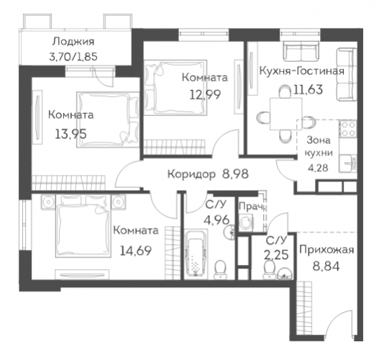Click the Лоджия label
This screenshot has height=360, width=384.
(73, 42)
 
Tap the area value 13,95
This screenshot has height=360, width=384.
(70, 134)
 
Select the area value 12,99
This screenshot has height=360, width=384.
(205, 94)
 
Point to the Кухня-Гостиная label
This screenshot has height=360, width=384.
(302, 71)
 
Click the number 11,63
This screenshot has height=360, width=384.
(308, 89)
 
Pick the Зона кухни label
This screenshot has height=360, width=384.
(319, 146)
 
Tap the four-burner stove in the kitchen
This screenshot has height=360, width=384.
(348, 129)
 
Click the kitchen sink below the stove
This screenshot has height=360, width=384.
(348, 163)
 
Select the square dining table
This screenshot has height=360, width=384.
(285, 114)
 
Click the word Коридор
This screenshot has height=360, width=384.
(191, 174)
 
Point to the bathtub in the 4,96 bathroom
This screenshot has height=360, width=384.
(196, 254)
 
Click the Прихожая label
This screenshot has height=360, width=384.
(326, 250)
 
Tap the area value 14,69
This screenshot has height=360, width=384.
(136, 251)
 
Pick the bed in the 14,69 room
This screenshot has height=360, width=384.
(83, 225)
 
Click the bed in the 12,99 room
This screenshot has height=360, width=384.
(175, 88)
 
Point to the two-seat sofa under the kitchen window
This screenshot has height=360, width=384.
(301, 51)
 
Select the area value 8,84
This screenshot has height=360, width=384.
(326, 266)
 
